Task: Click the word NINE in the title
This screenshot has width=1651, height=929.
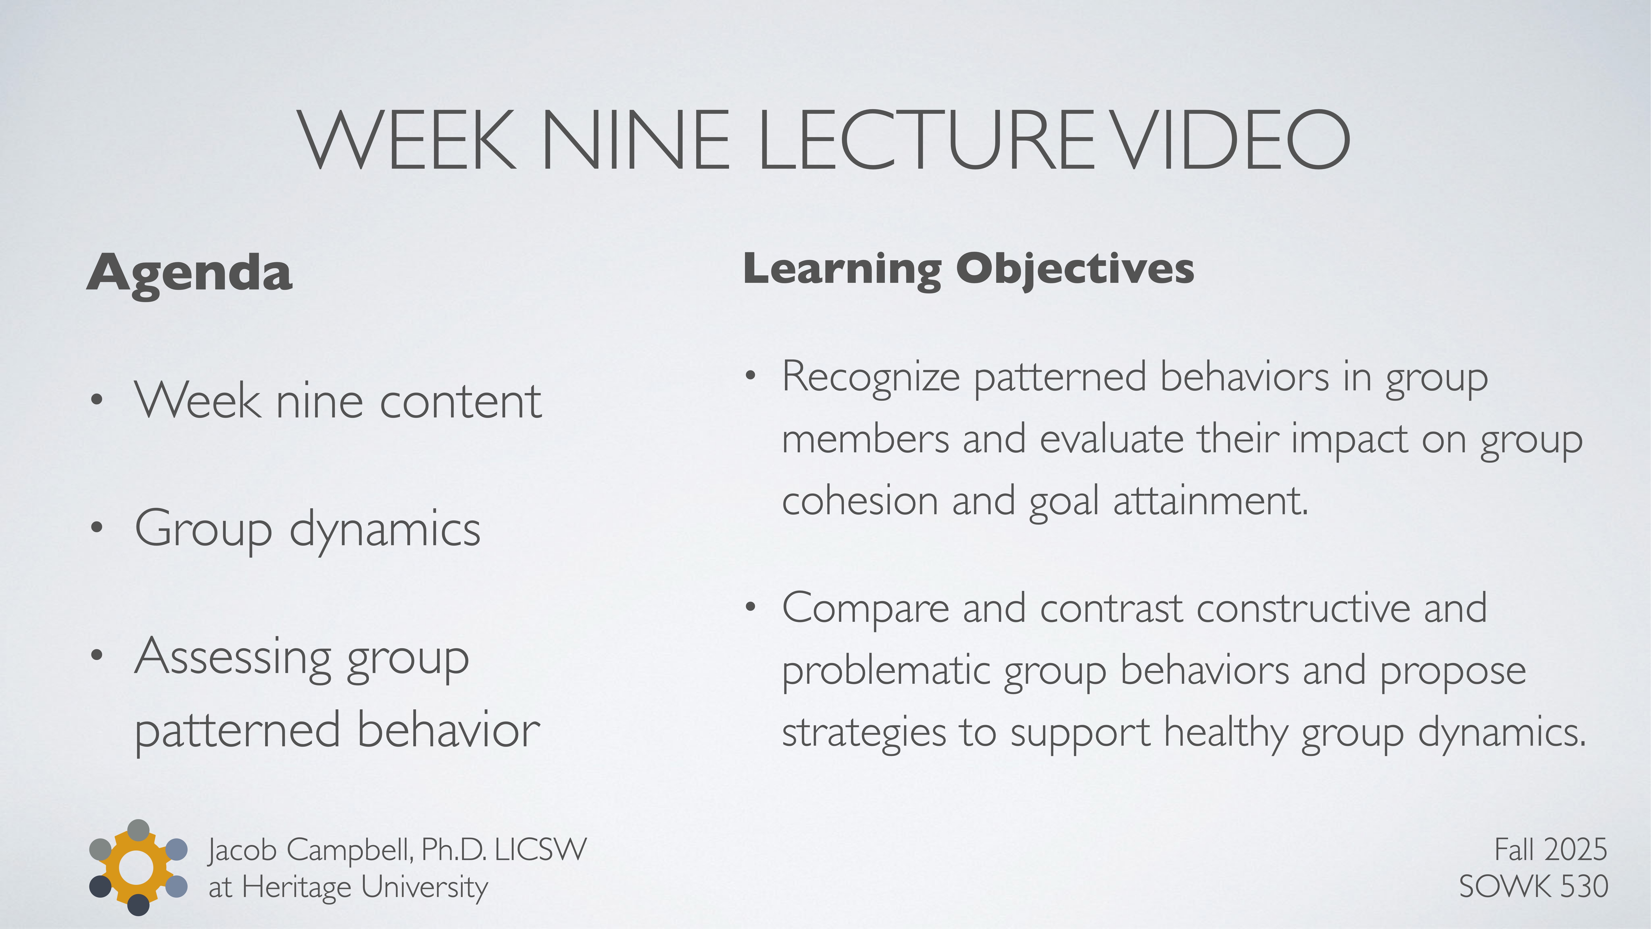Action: click(x=635, y=140)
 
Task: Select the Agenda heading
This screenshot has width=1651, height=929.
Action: click(x=190, y=273)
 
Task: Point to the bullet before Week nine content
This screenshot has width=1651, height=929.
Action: click(x=97, y=400)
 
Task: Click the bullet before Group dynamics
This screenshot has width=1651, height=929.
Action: click(x=97, y=528)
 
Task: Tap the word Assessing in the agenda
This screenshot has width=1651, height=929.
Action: click(x=233, y=657)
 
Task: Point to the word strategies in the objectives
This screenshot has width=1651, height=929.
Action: click(x=863, y=732)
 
